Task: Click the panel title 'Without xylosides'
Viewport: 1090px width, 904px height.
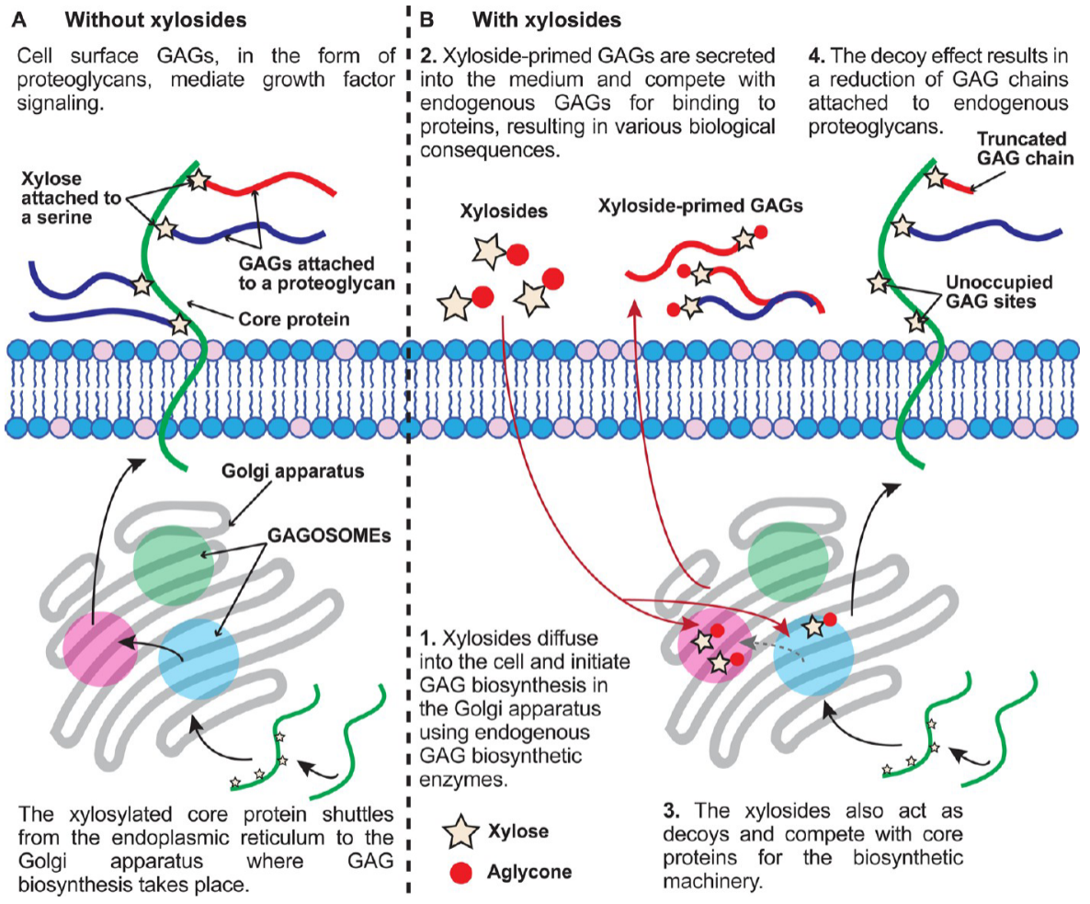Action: pos(155,19)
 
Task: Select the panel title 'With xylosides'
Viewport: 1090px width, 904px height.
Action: pos(547,19)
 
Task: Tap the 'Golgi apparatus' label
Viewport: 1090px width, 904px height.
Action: pos(292,472)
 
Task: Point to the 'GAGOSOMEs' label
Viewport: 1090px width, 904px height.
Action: pos(330,535)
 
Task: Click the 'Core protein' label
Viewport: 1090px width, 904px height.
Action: pos(294,319)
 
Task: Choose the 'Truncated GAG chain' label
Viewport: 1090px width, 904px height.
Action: pos(1025,149)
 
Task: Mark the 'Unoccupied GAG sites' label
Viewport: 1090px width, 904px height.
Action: pos(999,292)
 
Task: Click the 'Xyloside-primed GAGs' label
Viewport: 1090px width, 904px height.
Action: pos(700,206)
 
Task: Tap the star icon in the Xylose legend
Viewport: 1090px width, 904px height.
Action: pos(460,831)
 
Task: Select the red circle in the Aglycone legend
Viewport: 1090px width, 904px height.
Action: pos(460,873)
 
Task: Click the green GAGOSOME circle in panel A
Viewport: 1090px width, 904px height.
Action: pos(173,566)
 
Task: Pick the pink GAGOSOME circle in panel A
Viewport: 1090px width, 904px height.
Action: pos(102,648)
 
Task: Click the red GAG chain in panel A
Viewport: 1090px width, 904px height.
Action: pos(272,183)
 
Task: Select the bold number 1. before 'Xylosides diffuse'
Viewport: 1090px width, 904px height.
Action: pos(428,638)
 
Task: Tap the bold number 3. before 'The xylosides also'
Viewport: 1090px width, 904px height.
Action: pos(671,811)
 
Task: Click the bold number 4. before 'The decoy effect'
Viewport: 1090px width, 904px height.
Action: pos(817,55)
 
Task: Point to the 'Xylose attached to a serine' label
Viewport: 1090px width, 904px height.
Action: pos(71,199)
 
